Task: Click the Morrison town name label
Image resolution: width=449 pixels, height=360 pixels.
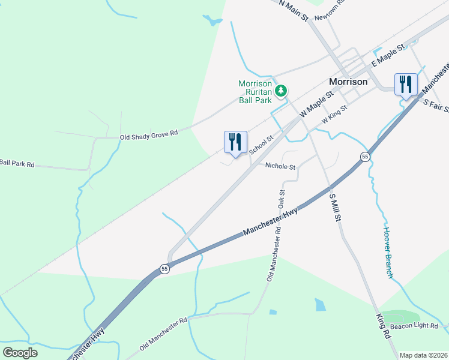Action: (348, 81)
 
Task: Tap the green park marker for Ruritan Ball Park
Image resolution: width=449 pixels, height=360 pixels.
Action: (280, 91)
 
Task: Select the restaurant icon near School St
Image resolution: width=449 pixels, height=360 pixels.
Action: (235, 142)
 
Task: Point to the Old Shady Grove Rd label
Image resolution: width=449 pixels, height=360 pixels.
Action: (149, 136)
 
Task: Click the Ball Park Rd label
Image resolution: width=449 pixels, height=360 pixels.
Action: (17, 163)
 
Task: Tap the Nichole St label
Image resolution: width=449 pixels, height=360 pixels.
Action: (281, 167)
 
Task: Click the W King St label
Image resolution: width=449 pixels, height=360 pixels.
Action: (334, 115)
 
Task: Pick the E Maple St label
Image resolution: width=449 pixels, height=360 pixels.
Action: (385, 58)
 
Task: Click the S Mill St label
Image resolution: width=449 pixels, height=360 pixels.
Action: (335, 205)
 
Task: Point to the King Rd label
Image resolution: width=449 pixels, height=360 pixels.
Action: (383, 327)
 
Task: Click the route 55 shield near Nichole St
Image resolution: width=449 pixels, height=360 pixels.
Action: (364, 157)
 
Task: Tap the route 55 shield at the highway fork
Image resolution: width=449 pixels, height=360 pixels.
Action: (165, 269)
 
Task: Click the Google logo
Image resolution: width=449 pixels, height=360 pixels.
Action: (20, 352)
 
